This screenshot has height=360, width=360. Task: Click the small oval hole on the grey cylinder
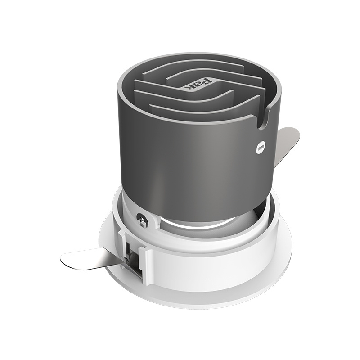click(260, 149)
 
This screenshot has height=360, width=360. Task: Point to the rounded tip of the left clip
click(64, 258)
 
